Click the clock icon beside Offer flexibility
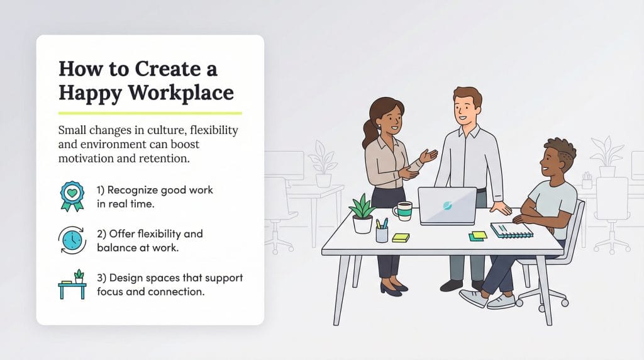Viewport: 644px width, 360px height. [72, 240]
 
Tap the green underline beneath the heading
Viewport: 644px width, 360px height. [150, 113]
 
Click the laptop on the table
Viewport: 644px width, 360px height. [447, 206]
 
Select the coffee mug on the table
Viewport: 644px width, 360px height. [402, 211]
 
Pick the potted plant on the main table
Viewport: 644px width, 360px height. [363, 214]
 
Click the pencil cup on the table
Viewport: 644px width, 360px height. [382, 232]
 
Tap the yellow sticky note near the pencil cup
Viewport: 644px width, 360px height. [401, 237]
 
